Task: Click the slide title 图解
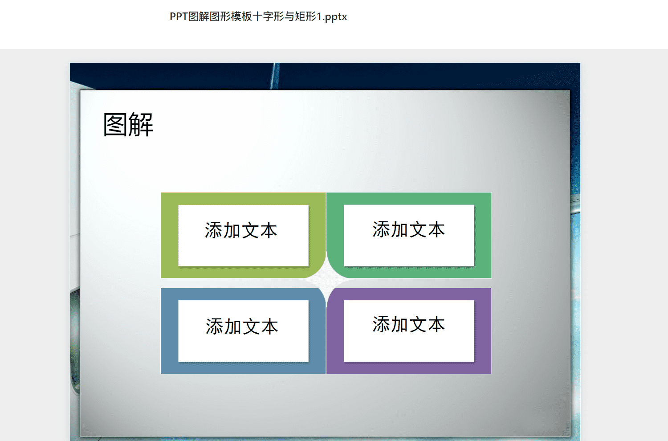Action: (128, 125)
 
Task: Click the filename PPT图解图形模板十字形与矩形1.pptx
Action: (258, 17)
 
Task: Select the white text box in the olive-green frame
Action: (243, 235)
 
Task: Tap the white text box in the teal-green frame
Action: (409, 235)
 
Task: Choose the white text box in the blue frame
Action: (243, 331)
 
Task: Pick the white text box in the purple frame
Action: (409, 331)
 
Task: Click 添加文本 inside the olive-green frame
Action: (241, 230)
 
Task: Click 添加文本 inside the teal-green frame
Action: (408, 229)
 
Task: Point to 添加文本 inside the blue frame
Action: (241, 326)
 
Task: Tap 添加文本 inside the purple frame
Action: (408, 324)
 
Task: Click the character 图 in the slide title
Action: (115, 125)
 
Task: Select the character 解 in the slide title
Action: (141, 125)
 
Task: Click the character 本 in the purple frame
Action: (436, 324)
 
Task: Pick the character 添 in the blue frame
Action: (214, 326)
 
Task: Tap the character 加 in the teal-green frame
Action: (399, 229)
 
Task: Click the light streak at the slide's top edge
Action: (275, 76)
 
